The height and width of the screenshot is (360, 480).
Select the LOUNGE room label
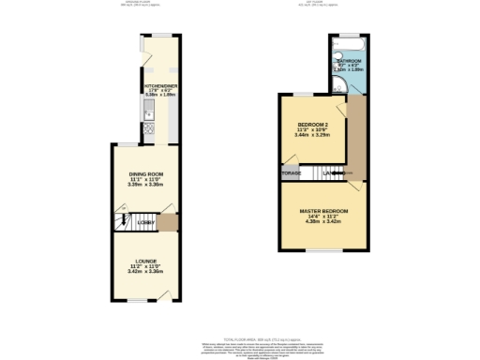[x=144, y=260]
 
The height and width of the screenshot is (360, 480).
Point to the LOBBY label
[x=145, y=221]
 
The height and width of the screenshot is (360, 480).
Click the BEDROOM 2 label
[x=313, y=125]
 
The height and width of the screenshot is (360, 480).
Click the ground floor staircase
[x=123, y=221]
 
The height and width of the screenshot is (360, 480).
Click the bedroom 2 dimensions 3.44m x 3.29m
[x=313, y=137]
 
